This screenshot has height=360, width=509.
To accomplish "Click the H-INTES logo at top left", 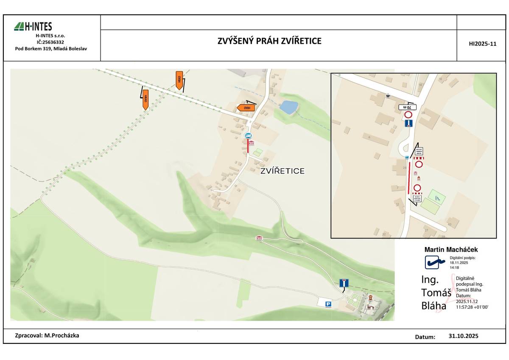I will (33, 27).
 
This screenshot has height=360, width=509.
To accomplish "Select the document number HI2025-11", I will (482, 44).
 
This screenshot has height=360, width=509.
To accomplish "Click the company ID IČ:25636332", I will (50, 42).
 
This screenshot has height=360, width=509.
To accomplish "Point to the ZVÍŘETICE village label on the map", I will (282, 171).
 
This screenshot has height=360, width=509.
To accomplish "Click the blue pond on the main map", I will (288, 107).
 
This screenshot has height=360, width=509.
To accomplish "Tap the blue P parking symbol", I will (328, 304).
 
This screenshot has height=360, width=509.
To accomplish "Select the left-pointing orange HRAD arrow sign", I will (246, 107).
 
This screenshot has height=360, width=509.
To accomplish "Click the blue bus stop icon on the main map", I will (248, 135).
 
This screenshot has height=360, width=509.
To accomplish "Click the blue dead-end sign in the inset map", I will (408, 124).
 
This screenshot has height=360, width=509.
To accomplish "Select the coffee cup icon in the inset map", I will (388, 96).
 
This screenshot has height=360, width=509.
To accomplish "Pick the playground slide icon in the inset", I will (438, 197).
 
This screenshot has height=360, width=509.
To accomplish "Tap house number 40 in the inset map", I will (449, 225).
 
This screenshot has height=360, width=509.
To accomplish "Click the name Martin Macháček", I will (451, 250).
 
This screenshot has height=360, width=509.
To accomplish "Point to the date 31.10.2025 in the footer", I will (463, 336).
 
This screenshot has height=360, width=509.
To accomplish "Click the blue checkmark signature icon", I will (436, 262).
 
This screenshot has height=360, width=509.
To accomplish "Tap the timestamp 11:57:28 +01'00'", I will (472, 306).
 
